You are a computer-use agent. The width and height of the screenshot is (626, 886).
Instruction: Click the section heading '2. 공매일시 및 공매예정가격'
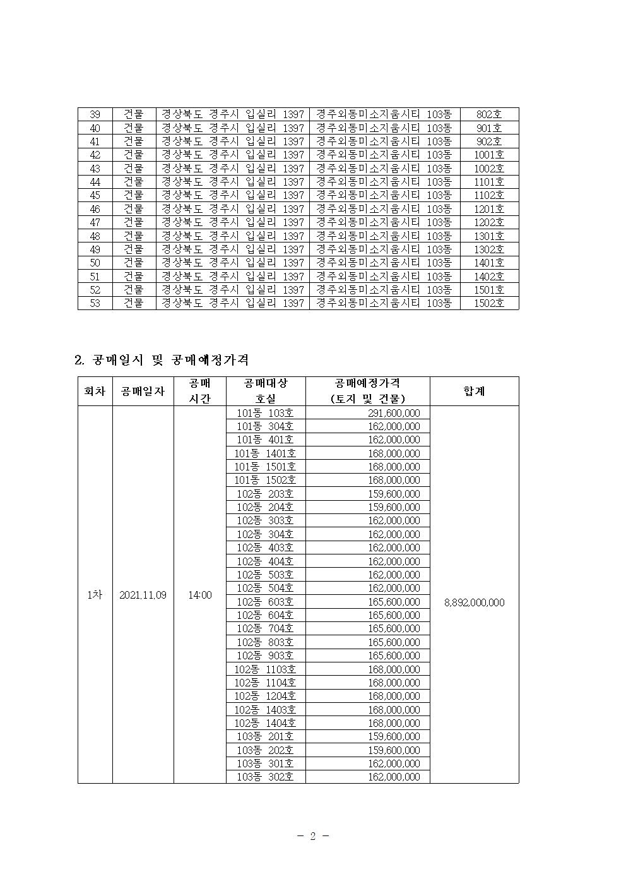click(162, 360)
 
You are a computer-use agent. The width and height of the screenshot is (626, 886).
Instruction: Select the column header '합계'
click(474, 391)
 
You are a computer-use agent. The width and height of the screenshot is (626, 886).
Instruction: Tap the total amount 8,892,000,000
click(474, 602)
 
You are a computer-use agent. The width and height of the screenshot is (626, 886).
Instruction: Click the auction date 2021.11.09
click(143, 595)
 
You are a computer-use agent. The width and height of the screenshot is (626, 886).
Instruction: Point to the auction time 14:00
click(199, 595)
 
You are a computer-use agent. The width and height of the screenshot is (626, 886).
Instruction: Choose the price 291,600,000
click(393, 413)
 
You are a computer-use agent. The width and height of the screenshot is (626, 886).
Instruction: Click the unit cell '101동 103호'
click(265, 413)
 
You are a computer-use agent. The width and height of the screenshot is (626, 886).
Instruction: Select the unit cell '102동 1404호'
click(265, 723)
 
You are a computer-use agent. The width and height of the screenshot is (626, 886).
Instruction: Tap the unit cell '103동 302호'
click(265, 777)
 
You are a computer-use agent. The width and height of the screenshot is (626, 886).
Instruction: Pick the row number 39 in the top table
click(95, 114)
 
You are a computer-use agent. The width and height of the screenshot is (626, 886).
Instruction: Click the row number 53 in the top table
click(95, 303)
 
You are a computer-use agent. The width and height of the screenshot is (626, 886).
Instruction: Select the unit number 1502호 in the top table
click(489, 303)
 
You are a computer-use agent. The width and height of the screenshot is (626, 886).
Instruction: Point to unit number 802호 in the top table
click(489, 114)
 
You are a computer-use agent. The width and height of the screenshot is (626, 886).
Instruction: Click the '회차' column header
click(95, 391)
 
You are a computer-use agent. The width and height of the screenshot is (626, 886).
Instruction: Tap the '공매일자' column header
click(143, 391)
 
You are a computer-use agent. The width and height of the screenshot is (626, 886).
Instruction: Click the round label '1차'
click(95, 595)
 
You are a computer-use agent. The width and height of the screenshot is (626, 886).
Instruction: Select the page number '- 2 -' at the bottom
click(313, 836)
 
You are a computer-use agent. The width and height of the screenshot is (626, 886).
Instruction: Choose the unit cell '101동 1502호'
click(265, 480)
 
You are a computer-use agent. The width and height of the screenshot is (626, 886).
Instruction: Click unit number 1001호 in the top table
click(489, 155)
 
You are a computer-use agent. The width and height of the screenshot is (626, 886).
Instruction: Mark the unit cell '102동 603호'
click(265, 602)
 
